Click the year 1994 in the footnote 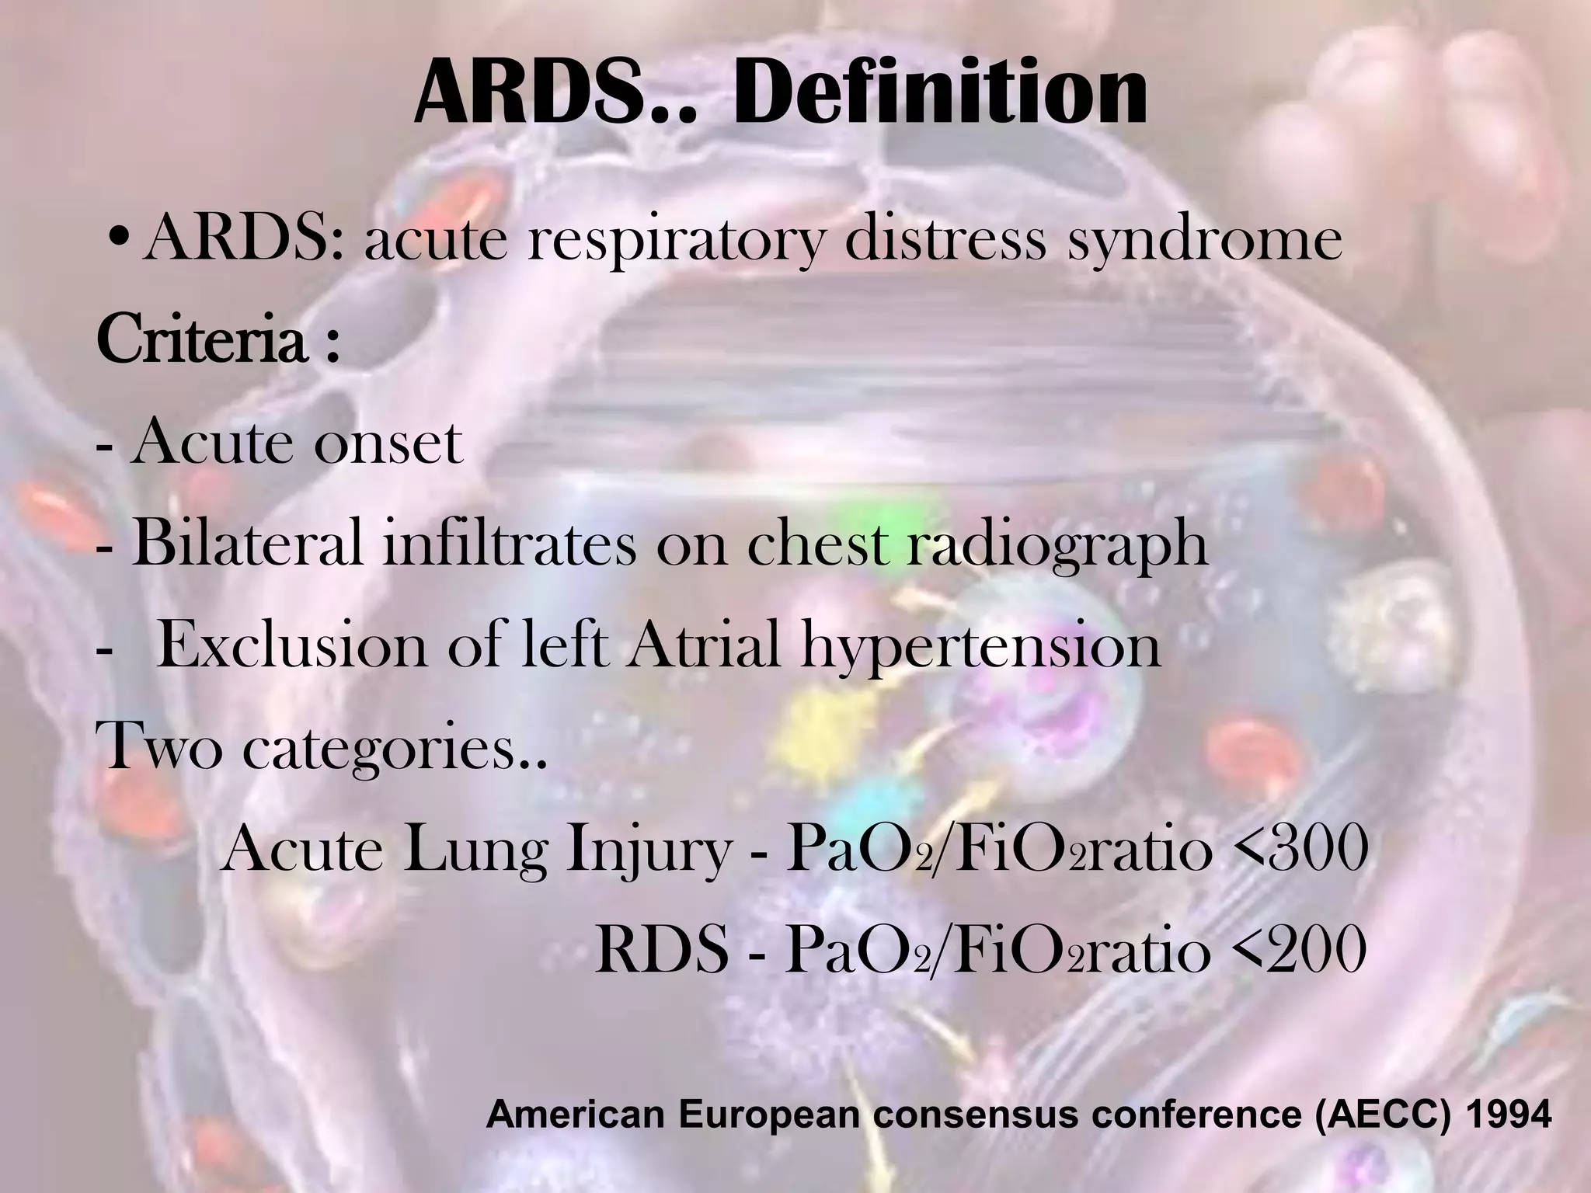pyautogui.click(x=1496, y=1115)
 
